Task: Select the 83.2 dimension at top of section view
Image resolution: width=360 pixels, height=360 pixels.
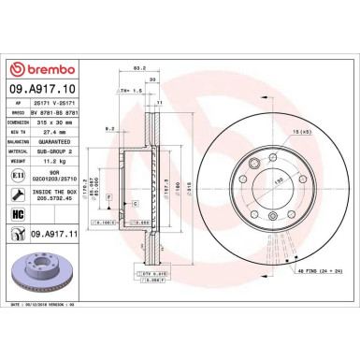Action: coord(139,68)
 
